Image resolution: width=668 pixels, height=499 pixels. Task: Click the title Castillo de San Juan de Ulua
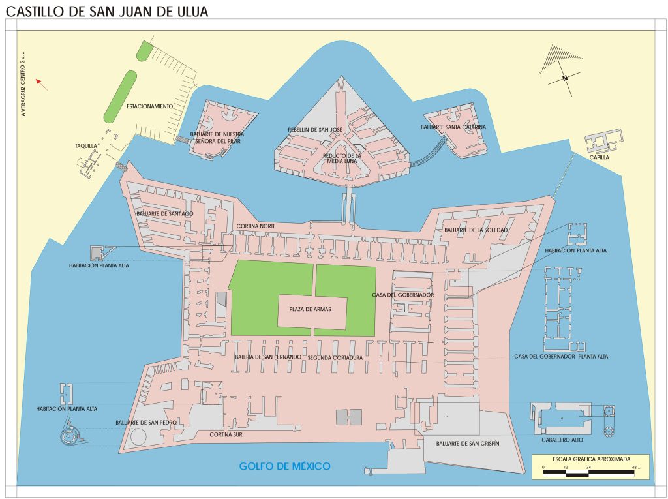coord(107,11)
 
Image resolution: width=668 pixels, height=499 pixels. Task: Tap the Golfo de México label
coord(284,466)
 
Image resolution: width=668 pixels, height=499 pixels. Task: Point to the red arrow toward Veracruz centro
coord(41,82)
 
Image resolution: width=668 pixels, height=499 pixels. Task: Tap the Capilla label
coord(600,157)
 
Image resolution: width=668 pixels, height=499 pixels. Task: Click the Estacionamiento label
coord(149,106)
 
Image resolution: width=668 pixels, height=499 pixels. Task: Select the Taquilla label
coord(85,146)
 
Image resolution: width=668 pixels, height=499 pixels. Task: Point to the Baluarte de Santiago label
coord(164,213)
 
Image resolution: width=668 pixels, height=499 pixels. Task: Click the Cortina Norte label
coord(256,226)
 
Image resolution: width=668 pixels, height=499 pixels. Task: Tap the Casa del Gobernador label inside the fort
coord(402,295)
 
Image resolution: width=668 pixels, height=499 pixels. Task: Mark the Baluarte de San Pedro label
coord(146,423)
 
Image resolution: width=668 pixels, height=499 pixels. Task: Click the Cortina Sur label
coord(226,434)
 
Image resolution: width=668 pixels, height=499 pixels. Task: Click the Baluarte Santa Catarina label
coord(453,127)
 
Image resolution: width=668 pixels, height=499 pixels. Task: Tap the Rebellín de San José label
coord(315,130)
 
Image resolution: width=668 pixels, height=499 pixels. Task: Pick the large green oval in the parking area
coord(121,96)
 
